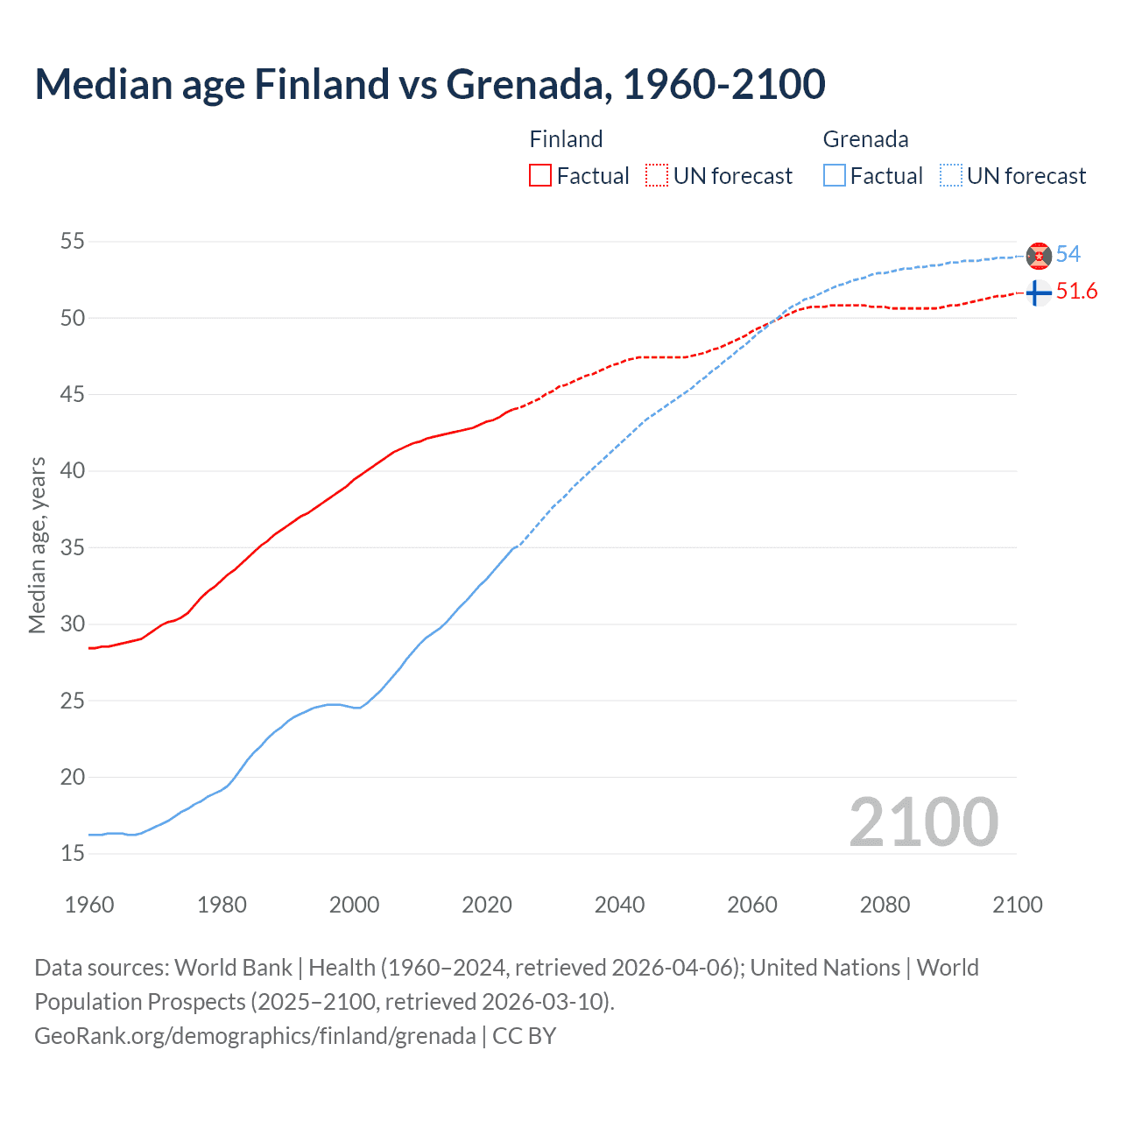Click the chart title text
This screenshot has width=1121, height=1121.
pyautogui.click(x=429, y=84)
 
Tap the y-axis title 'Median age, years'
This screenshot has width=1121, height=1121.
pyautogui.click(x=37, y=545)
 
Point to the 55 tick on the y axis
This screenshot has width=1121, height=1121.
pyautogui.click(x=73, y=241)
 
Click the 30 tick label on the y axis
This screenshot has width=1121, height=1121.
pyautogui.click(x=73, y=624)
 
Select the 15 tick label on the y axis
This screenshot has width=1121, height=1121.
pyautogui.click(x=73, y=853)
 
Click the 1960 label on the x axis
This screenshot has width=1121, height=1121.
pyautogui.click(x=89, y=905)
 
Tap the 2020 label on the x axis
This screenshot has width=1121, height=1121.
pyautogui.click(x=487, y=905)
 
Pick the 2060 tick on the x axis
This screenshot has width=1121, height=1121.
pyautogui.click(x=752, y=905)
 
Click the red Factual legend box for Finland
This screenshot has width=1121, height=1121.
pyautogui.click(x=540, y=176)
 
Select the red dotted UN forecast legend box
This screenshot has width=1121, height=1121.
pyautogui.click(x=657, y=176)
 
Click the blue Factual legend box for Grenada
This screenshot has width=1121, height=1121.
pyautogui.click(x=835, y=176)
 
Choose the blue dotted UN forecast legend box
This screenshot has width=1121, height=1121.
pyautogui.click(x=950, y=176)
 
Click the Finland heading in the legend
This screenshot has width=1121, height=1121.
pyautogui.click(x=566, y=139)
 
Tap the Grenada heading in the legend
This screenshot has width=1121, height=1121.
pyautogui.click(x=865, y=139)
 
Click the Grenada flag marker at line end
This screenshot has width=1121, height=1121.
pyautogui.click(x=1039, y=256)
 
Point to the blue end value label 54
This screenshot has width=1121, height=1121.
pyautogui.click(x=1068, y=254)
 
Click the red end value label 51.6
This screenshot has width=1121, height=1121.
pyautogui.click(x=1076, y=292)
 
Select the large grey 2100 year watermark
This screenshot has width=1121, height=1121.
pyautogui.click(x=923, y=821)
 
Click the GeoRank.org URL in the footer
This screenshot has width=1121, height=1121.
pyautogui.click(x=255, y=1035)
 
